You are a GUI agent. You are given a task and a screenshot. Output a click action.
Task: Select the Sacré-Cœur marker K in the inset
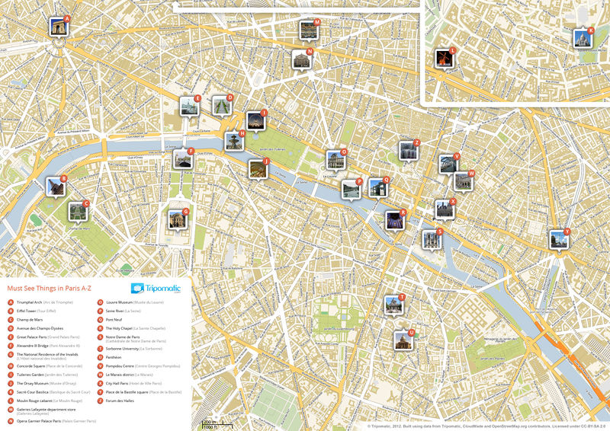click(x=583, y=38)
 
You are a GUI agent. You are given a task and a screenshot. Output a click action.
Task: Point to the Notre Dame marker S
click(x=432, y=239)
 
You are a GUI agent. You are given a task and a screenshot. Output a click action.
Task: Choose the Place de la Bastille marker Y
click(x=560, y=240)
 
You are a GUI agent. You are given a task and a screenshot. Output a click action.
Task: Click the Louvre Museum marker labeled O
click(x=335, y=160)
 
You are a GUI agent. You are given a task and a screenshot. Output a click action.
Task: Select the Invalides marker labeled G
click(x=178, y=219)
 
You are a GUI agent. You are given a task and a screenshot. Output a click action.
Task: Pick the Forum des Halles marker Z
click(x=409, y=151)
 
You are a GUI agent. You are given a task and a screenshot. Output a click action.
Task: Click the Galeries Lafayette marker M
click(x=309, y=30)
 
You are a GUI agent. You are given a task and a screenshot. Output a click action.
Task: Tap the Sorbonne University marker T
click(x=393, y=305)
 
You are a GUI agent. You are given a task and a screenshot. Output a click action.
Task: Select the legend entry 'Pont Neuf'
click(x=114, y=320)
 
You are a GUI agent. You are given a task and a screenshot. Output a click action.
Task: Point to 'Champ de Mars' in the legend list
click(x=28, y=320)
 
